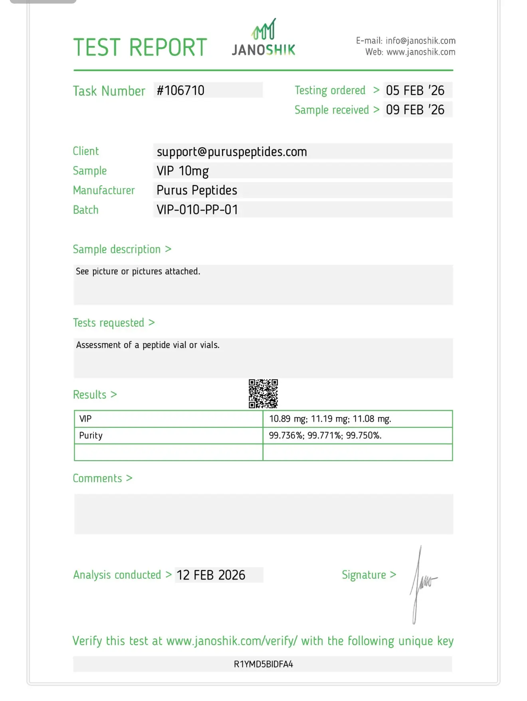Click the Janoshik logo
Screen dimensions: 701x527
coord(263,38)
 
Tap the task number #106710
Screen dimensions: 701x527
coord(180,91)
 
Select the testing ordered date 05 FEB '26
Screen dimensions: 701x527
coord(415,91)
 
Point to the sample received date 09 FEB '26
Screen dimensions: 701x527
coord(415,110)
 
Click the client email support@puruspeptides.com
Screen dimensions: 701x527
coord(232,152)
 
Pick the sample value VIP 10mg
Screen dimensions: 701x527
coord(182,171)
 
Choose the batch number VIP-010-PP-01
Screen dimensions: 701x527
coord(197,210)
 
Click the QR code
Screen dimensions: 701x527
coord(263,394)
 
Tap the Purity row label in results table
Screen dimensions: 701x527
coord(91,435)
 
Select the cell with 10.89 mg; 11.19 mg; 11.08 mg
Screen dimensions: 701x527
coord(330,419)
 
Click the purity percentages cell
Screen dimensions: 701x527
coord(325,435)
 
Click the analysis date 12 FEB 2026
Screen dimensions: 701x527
coord(211,575)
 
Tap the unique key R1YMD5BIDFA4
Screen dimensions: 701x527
coord(263,664)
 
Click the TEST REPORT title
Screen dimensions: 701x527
coord(140,48)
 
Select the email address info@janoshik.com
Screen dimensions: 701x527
coord(420,41)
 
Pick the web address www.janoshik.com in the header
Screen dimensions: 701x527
coord(421,52)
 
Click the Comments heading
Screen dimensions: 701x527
coord(97,479)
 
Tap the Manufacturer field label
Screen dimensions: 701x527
coord(104,191)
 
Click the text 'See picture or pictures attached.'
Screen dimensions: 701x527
coord(138,272)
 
